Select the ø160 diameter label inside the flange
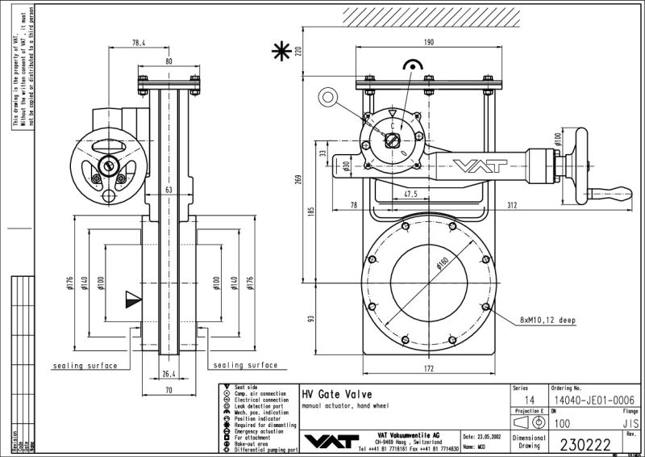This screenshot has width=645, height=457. tap(442, 265)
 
